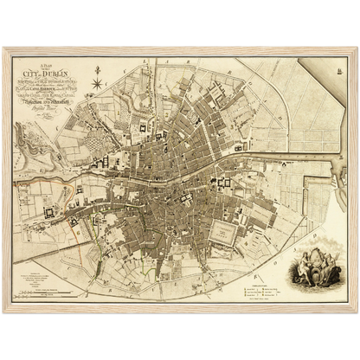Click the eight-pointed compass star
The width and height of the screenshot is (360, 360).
[97, 83]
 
